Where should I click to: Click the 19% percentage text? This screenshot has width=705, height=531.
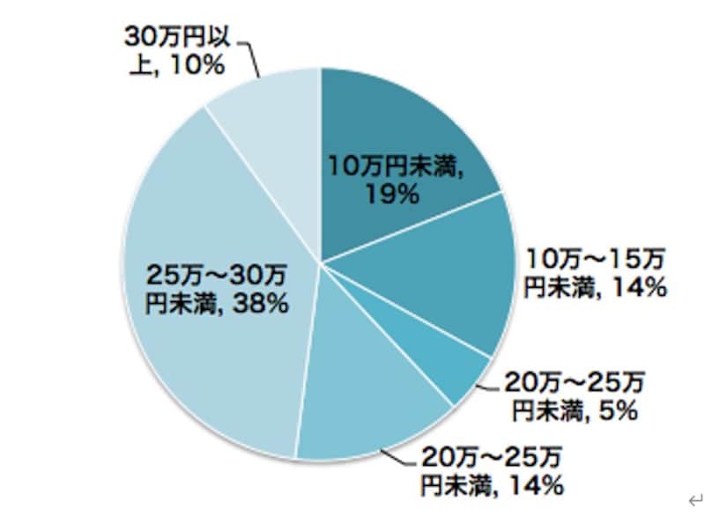click(x=393, y=195)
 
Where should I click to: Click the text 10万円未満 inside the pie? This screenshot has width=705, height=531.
click(x=396, y=166)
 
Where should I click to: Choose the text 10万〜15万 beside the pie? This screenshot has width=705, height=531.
click(x=596, y=259)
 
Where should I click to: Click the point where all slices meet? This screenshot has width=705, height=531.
click(x=321, y=262)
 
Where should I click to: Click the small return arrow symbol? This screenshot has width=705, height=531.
click(x=694, y=501)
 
